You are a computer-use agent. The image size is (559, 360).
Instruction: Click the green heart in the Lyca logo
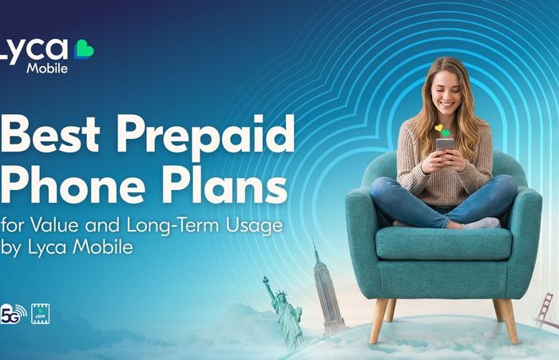click(84, 49)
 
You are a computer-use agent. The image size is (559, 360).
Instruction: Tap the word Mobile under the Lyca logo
click(47, 68)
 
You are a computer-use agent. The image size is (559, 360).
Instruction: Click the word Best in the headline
click(50, 133)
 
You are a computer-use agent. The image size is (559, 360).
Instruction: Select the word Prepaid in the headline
click(206, 137)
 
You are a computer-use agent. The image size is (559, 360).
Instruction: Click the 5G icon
click(14, 315)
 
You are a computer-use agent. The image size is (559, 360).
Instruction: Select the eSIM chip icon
click(40, 314)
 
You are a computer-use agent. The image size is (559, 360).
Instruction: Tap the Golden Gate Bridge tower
click(543, 310)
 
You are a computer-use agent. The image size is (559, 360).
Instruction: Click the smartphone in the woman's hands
click(446, 145)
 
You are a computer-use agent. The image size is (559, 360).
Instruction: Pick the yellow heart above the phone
click(438, 128)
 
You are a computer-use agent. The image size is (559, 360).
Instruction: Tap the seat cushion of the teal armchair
click(444, 243)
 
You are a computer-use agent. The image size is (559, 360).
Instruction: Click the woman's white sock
click(483, 224)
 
